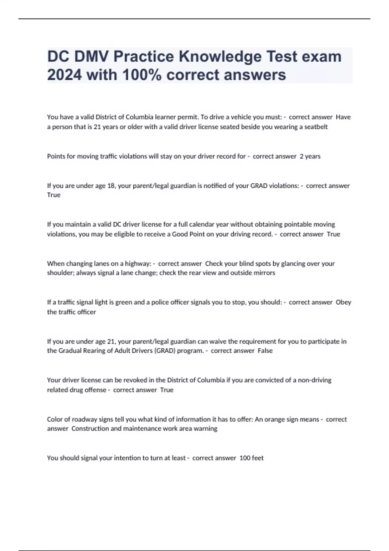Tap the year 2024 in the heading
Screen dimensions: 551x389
(x=64, y=75)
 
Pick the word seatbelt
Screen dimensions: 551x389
(x=316, y=127)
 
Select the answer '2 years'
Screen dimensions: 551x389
(x=310, y=156)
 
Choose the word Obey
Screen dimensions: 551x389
(x=343, y=302)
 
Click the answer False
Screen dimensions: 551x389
(x=265, y=351)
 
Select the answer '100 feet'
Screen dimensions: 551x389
(x=252, y=458)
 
